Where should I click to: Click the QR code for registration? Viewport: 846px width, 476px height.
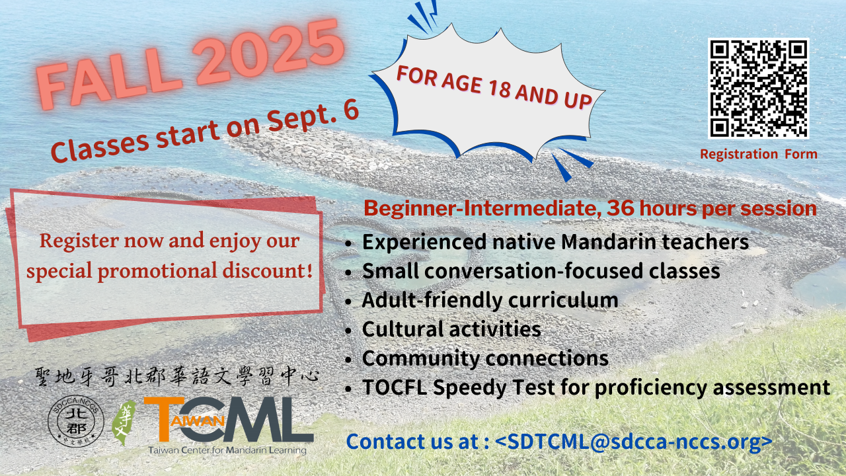758,89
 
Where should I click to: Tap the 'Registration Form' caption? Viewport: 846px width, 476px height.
759,154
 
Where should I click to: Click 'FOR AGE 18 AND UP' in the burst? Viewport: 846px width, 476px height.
494,88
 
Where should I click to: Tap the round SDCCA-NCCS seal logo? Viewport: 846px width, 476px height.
76,422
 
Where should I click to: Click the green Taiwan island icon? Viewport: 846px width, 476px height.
124,423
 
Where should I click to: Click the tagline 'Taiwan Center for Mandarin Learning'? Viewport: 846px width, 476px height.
227,450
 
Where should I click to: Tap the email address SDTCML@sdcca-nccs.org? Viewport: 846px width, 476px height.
633,442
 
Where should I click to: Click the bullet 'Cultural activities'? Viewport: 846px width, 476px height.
451,329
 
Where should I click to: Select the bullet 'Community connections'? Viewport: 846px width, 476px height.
485,358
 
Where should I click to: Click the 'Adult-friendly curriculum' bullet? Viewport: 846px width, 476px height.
490,300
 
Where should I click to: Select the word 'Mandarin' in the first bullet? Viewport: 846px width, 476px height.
609,242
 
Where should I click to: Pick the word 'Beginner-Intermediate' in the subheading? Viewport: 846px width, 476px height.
482,208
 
